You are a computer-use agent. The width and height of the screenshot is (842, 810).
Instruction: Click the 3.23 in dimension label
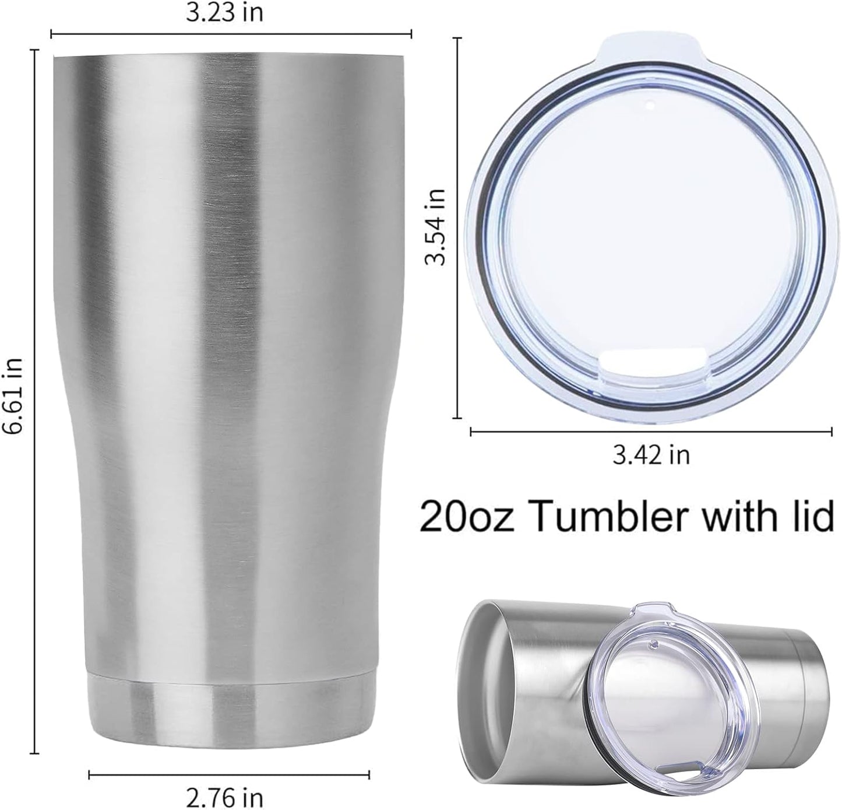(224, 13)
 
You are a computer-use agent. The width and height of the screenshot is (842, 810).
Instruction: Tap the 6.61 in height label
(13, 395)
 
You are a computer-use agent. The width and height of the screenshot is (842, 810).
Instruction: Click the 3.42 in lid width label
(651, 455)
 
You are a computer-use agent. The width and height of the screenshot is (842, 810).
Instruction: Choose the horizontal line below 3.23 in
(231, 34)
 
